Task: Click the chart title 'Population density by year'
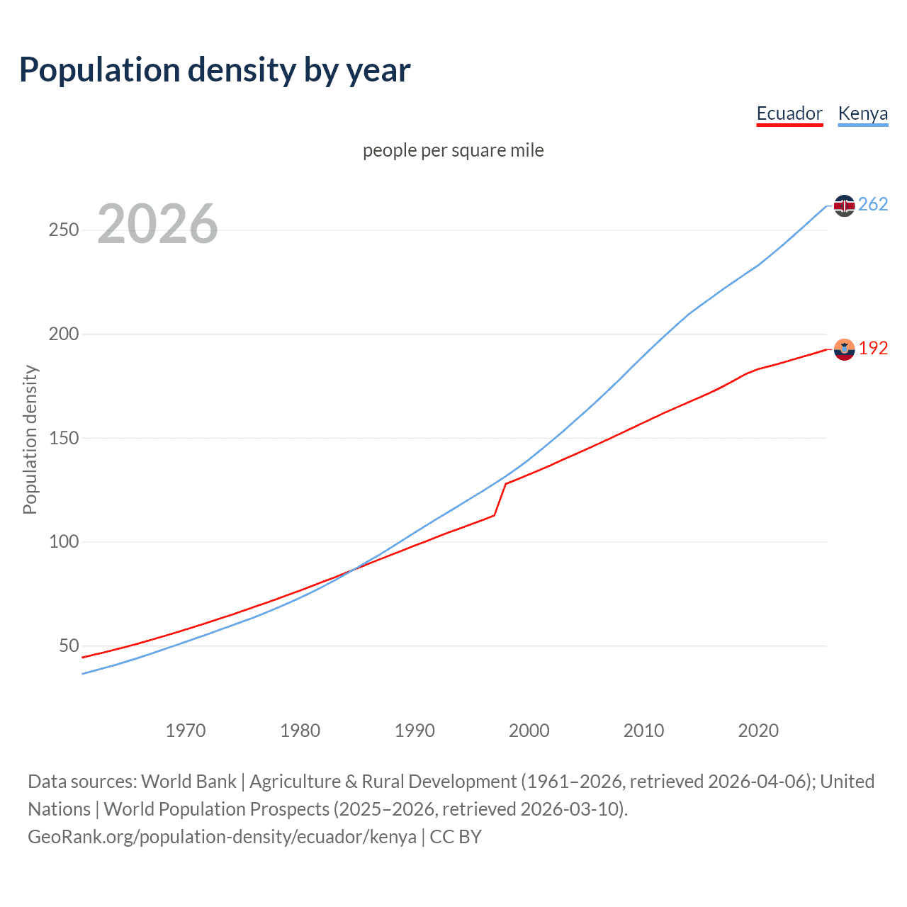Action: [215, 70]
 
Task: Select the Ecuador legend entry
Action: [789, 113]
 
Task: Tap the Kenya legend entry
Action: [862, 113]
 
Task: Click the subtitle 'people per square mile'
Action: [453, 150]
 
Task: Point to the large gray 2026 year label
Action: [157, 224]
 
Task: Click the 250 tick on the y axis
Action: [64, 230]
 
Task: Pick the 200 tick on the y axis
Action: [64, 334]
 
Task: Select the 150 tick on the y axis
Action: [64, 438]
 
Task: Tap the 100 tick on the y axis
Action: [64, 542]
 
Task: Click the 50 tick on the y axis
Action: [69, 646]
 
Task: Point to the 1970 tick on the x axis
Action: [186, 731]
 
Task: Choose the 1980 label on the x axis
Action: [300, 731]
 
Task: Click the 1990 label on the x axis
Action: [415, 731]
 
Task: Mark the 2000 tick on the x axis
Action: [529, 731]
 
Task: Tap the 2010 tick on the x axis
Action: [643, 731]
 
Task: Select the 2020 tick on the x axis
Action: [758, 731]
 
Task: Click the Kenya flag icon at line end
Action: [844, 205]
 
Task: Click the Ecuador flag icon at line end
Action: [844, 349]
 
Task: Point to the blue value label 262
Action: [873, 205]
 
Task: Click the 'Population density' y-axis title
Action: [30, 439]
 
